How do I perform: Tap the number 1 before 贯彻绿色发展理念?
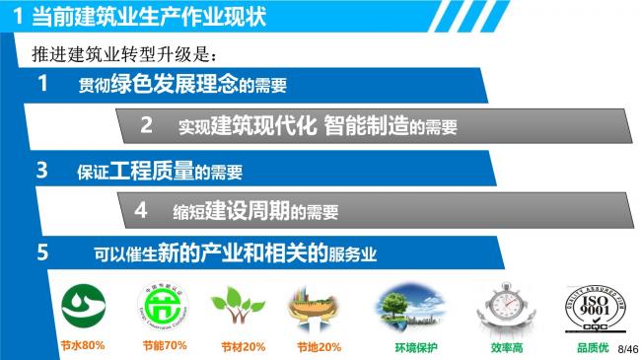pos(42,85)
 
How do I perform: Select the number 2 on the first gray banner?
pos(147,125)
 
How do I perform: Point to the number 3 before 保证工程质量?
pos(42,171)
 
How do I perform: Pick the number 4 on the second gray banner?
pos(141,210)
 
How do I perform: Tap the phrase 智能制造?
pos(365,125)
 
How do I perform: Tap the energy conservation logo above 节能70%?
pos(163,307)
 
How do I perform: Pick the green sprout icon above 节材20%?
pos(238,307)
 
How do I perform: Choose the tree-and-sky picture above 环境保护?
pos(408,307)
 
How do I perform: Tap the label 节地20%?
pos(319,347)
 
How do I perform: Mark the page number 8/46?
pos(627,349)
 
